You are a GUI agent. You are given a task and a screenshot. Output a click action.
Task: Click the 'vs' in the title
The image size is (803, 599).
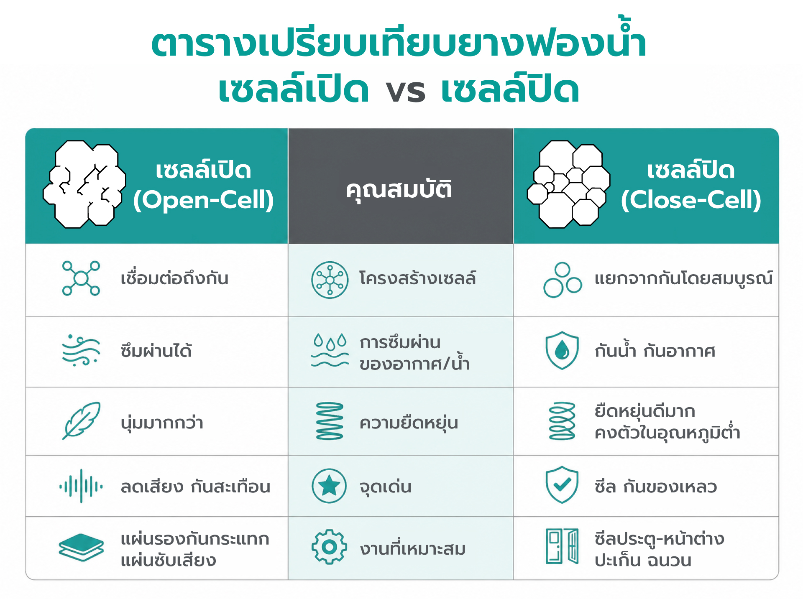(405, 92)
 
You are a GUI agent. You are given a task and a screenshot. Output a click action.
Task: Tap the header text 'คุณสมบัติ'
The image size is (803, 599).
(399, 190)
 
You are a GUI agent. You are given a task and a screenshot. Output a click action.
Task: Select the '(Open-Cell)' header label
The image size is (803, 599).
(203, 200)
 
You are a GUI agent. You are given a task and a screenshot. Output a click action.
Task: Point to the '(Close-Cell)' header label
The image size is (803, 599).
(691, 200)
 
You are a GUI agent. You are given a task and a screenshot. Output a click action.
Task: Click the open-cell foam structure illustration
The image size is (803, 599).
(84, 184)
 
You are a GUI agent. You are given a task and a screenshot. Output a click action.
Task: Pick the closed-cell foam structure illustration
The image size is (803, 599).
(568, 184)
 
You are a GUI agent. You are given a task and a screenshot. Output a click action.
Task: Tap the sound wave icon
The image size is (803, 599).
(81, 486)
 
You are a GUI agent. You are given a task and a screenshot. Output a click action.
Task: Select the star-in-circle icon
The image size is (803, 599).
(329, 486)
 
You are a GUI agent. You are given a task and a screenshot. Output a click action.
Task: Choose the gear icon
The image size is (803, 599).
(329, 547)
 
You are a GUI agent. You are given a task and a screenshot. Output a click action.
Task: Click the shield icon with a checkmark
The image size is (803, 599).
(562, 485)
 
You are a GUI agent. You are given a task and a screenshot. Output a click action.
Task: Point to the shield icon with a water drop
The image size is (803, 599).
(562, 350)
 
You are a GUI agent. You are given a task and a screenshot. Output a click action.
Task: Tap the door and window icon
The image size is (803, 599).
(562, 546)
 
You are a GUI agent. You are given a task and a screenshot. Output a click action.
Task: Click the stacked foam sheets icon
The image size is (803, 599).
(81, 547)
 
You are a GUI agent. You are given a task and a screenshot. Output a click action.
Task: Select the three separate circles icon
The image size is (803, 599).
(563, 280)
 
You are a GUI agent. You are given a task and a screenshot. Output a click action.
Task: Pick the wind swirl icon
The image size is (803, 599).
(81, 350)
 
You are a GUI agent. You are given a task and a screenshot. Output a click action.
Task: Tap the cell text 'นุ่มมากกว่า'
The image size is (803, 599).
(162, 423)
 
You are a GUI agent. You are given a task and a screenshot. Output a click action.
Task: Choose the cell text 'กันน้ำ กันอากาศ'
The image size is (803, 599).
(655, 350)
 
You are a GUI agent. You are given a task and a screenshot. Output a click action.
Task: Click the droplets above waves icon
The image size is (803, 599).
(330, 350)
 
